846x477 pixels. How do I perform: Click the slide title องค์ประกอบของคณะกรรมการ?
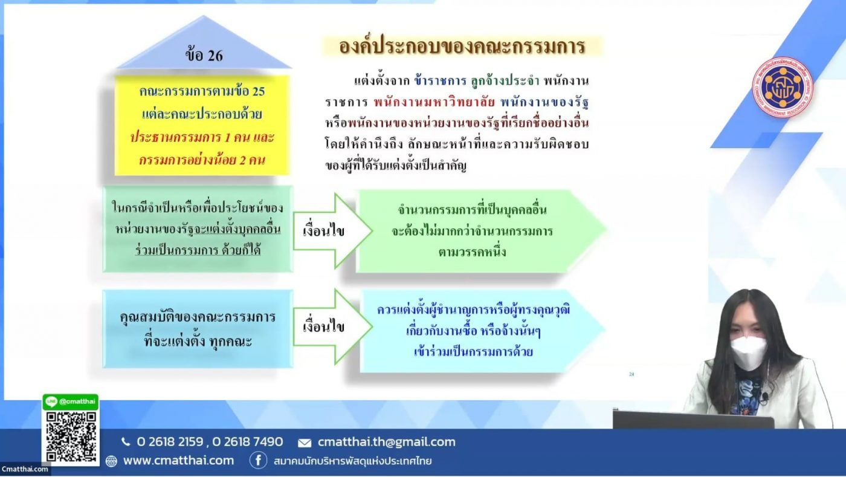coord(462,47)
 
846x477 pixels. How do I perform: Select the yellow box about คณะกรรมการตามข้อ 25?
coord(202,126)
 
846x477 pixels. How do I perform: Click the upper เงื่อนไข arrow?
coord(332,231)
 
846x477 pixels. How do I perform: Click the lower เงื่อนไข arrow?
coord(332,327)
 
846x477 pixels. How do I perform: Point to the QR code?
coord(71,437)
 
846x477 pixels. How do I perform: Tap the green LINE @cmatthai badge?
coord(71,401)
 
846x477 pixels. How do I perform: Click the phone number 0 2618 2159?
coord(170,441)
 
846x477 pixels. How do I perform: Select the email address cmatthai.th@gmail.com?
coord(387,442)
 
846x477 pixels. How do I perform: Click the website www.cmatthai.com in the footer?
coord(179,460)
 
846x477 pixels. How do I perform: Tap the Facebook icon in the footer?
coord(259,460)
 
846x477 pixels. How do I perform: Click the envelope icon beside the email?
coord(305,443)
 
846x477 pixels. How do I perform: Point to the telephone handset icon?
coord(126,442)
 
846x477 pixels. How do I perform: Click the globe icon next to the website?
coord(111,461)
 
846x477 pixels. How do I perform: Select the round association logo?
coord(783,87)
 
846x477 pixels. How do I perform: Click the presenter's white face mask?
coord(749,352)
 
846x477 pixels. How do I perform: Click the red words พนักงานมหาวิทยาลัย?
coord(434,102)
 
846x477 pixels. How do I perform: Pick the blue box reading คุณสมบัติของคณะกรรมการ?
coord(198,329)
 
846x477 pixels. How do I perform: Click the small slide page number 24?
coord(631,374)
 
